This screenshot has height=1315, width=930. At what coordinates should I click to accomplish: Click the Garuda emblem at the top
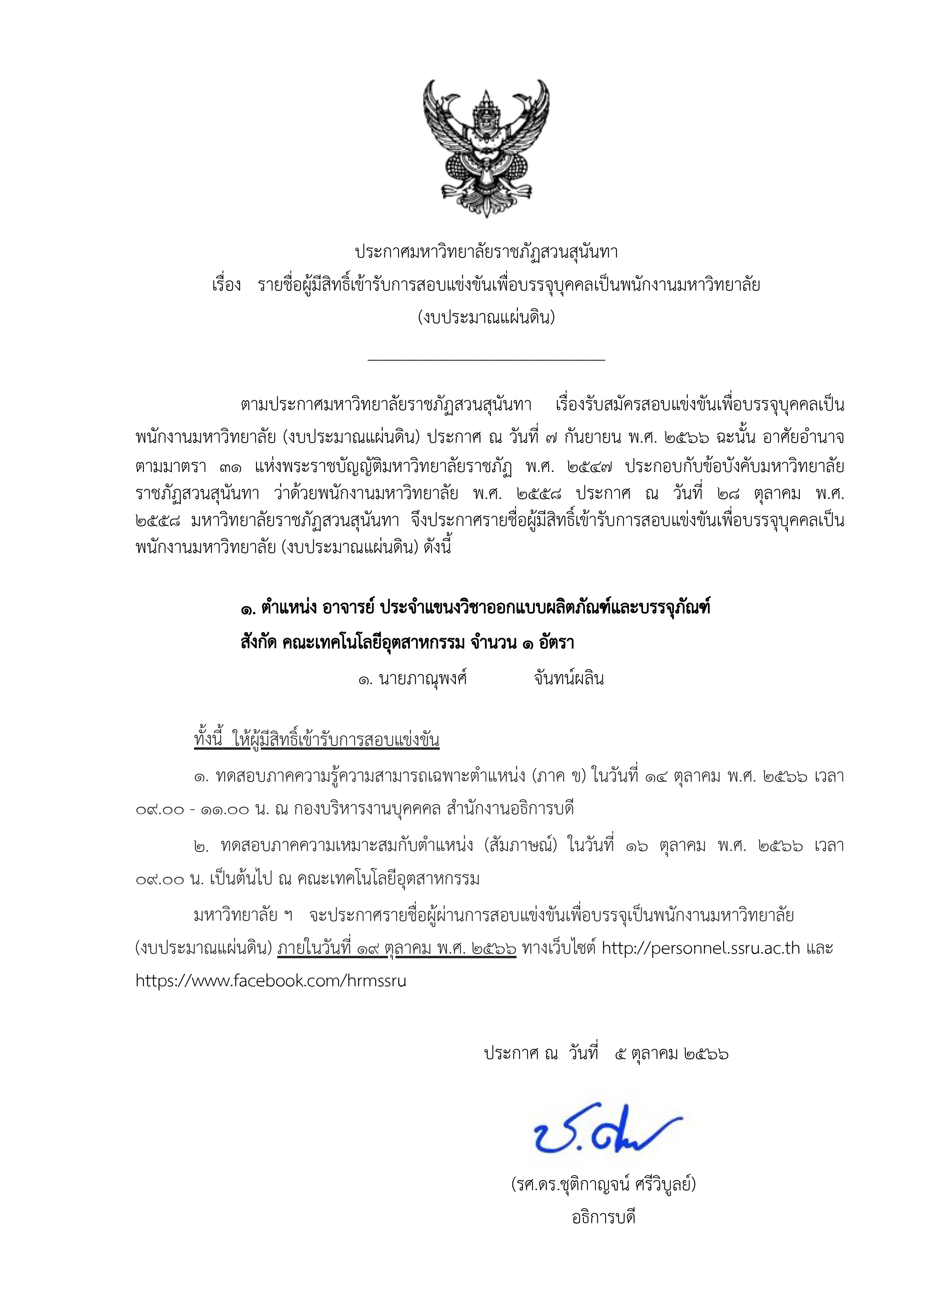click(x=486, y=148)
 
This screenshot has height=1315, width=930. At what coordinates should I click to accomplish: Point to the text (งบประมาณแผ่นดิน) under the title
click(x=486, y=317)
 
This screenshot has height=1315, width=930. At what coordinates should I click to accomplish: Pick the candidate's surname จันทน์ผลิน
click(x=568, y=679)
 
